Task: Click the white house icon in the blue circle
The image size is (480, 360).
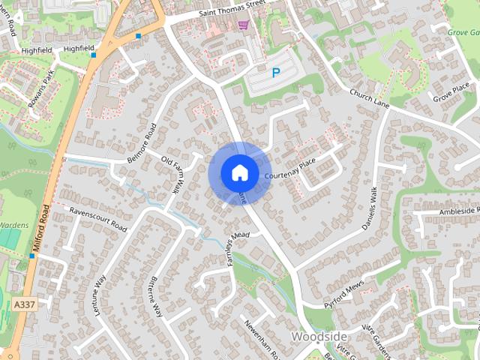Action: tap(239, 172)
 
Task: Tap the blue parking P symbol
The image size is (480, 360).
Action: tap(276, 73)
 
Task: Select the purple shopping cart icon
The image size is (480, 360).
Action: tap(242, 25)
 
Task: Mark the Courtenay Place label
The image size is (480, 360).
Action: tap(291, 169)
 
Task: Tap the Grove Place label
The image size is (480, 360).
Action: tap(451, 94)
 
